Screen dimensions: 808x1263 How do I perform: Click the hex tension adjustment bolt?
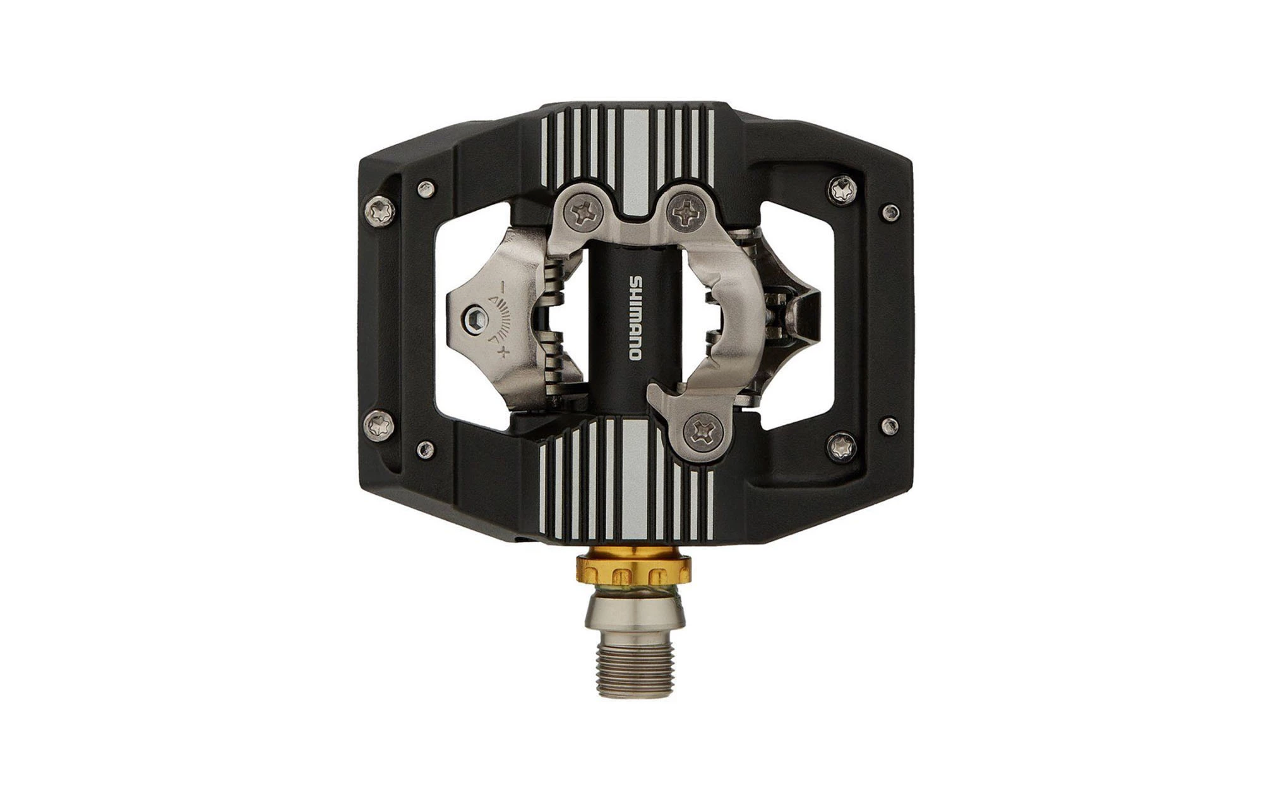click(x=475, y=317)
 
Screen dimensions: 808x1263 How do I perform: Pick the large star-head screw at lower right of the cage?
click(x=843, y=445)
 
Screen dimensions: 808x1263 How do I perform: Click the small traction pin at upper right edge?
click(x=890, y=210)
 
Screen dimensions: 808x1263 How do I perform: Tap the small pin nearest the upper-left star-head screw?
click(x=426, y=187)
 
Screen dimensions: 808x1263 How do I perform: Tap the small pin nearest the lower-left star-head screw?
click(x=426, y=449)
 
